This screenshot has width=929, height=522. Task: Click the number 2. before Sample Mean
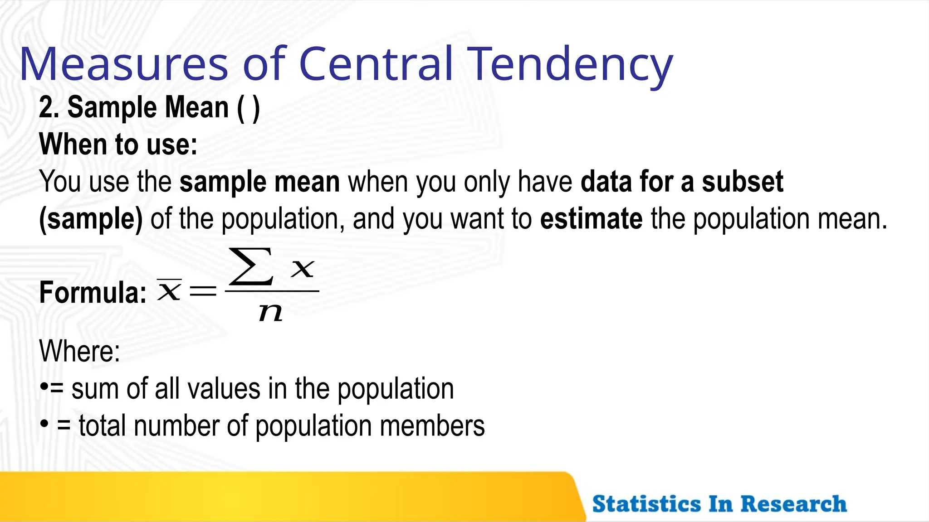point(49,107)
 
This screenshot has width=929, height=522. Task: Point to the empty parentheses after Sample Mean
point(249,108)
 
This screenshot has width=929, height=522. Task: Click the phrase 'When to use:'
point(118,145)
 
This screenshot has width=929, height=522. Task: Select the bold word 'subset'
point(743,182)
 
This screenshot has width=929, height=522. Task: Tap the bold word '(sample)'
point(91,219)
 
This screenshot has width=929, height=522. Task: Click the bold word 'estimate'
point(591,219)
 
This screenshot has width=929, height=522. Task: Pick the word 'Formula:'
point(93,292)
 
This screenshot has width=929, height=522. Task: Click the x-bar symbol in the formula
point(169,290)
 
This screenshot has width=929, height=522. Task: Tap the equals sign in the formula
point(203,291)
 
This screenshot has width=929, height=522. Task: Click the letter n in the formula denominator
point(271,312)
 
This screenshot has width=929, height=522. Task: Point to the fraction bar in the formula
point(272,291)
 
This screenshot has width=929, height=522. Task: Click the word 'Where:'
point(80,351)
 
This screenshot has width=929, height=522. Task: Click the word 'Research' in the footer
point(793,504)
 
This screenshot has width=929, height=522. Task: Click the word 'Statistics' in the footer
point(646,504)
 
